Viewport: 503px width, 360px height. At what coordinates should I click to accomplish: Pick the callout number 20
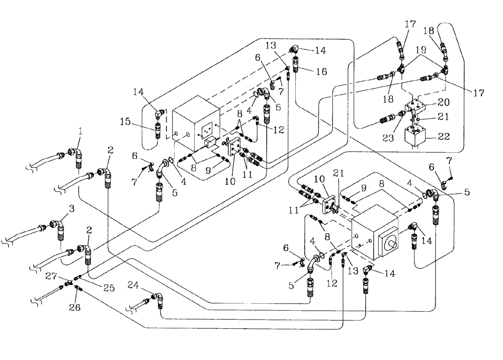[x=444, y=103]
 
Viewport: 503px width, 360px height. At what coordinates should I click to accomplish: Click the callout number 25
[x=109, y=289]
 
